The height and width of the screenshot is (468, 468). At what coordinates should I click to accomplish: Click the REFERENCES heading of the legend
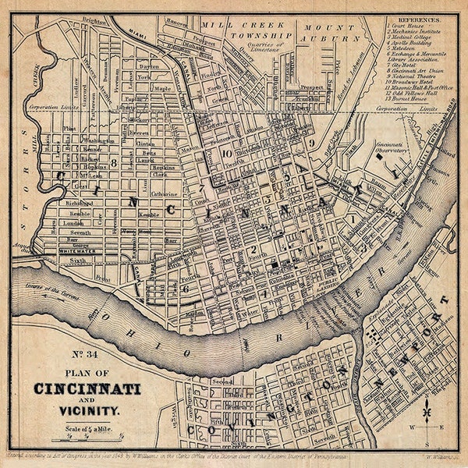coord(420,17)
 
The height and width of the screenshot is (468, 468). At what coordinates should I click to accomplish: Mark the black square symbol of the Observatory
coord(380,157)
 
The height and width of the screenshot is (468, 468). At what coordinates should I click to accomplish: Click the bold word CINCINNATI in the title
coord(87,388)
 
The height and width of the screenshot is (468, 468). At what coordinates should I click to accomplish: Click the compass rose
coord(428,414)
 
